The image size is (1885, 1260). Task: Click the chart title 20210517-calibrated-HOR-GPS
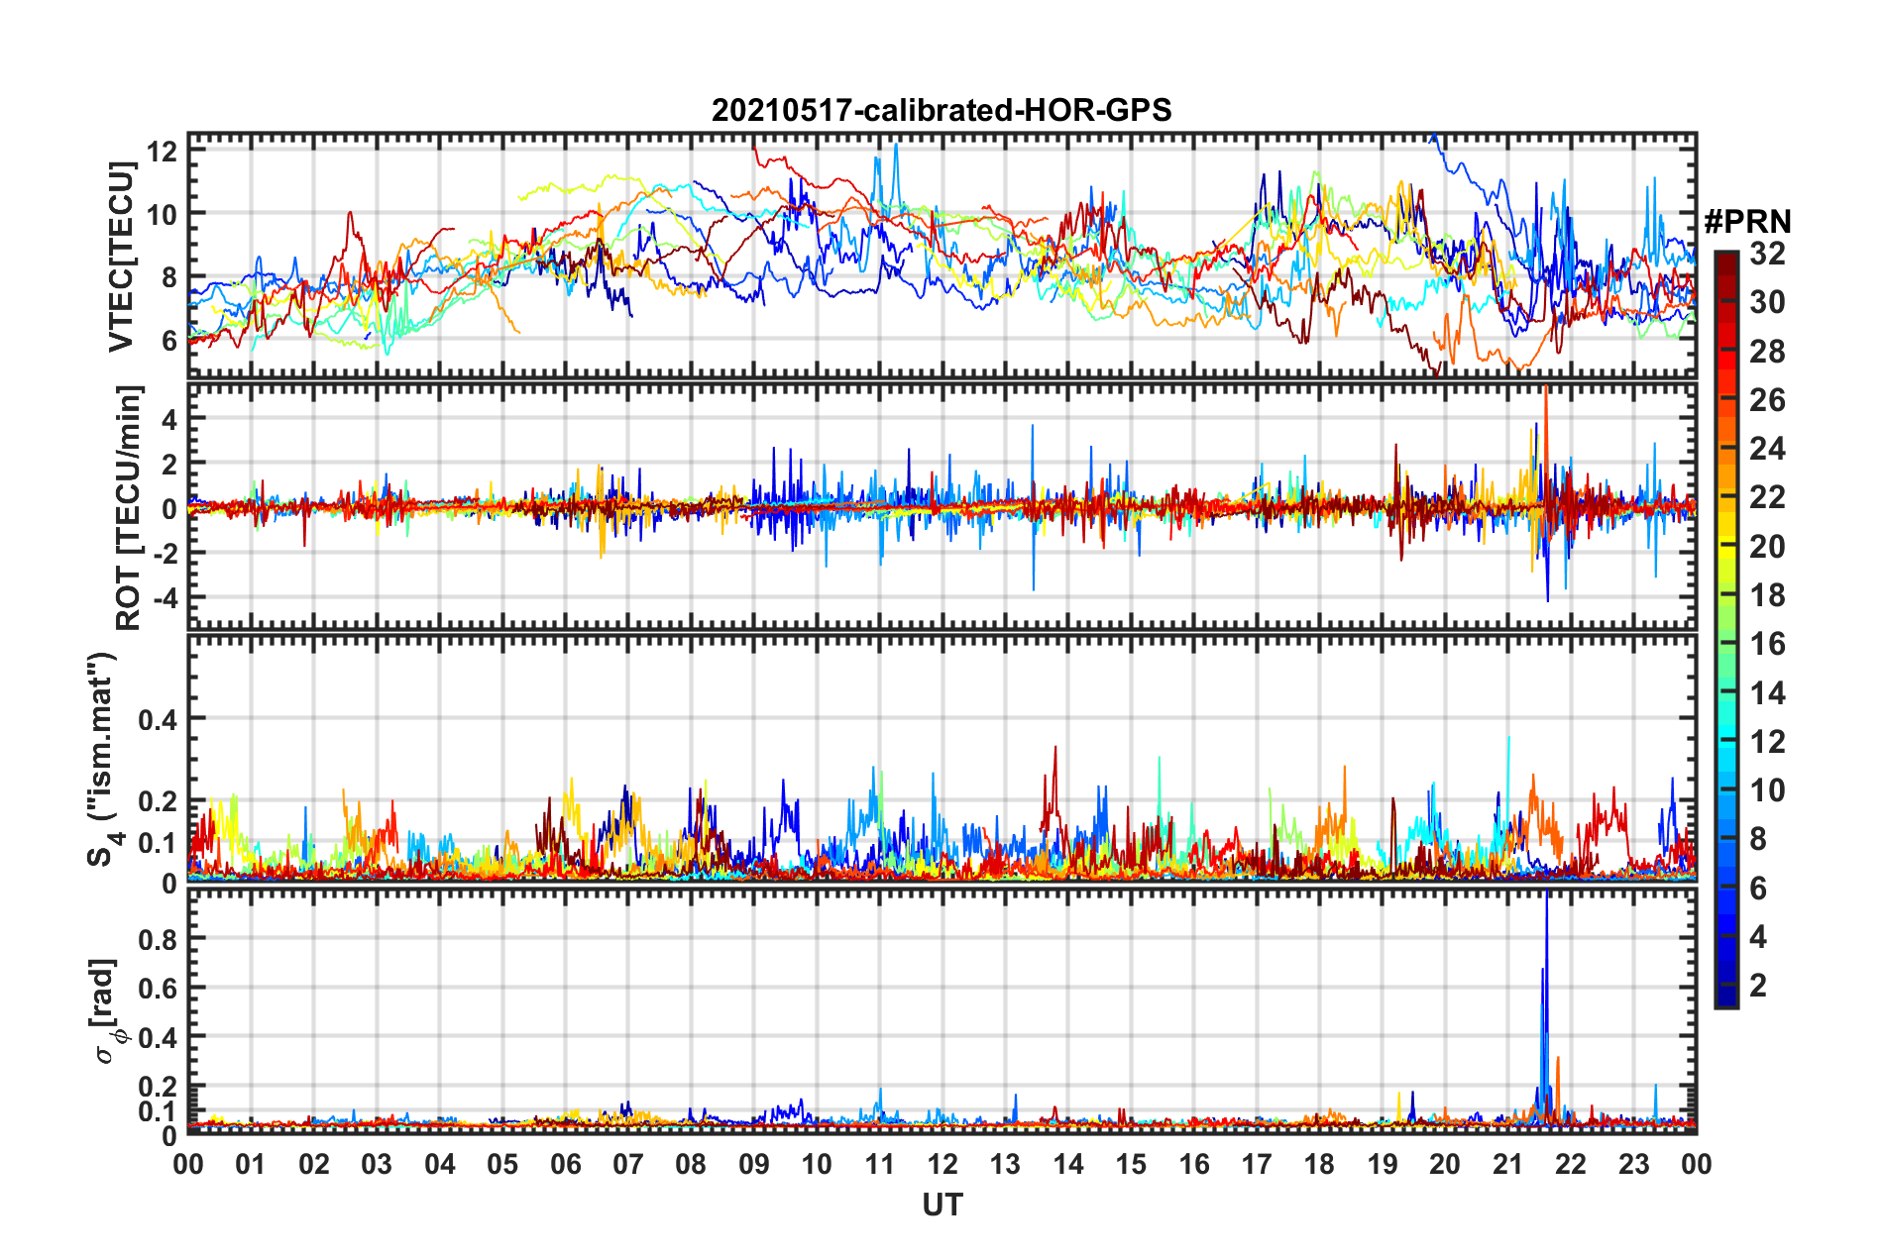click(942, 110)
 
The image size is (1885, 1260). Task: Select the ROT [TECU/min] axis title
click(128, 508)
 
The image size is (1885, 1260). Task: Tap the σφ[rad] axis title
click(108, 1010)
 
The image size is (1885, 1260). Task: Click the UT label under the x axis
click(942, 1205)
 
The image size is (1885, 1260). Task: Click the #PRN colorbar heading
click(1747, 222)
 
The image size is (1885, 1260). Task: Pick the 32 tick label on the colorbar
click(1767, 254)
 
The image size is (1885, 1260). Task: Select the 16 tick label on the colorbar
click(1767, 644)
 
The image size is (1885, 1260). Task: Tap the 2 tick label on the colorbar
click(1759, 985)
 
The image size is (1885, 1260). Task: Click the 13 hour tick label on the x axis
click(1005, 1164)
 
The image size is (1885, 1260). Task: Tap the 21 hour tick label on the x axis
click(1507, 1164)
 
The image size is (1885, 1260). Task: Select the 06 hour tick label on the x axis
click(565, 1164)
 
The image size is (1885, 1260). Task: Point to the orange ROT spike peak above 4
click(1545, 388)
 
